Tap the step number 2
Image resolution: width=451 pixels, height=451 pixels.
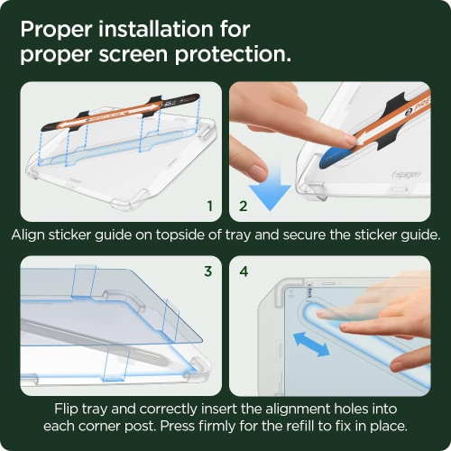(x=242, y=207)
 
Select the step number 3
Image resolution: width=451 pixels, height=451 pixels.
(x=208, y=270)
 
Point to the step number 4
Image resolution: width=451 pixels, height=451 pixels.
(x=243, y=270)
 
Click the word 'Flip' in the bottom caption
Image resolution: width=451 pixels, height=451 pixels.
(x=69, y=407)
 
